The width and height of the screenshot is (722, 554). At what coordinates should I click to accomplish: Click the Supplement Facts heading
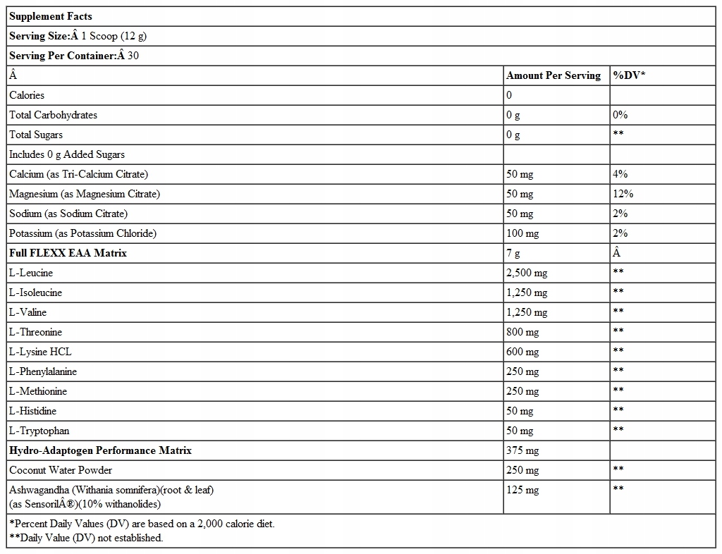click(x=51, y=16)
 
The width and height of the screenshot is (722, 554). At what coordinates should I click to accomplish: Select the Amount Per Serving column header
click(x=553, y=75)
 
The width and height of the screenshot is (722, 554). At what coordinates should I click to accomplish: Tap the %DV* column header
click(x=629, y=75)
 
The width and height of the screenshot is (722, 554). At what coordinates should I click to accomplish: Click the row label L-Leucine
click(x=31, y=273)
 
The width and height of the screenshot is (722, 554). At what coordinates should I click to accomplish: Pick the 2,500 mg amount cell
click(x=527, y=273)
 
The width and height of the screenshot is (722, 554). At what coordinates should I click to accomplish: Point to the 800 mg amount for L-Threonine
click(x=522, y=332)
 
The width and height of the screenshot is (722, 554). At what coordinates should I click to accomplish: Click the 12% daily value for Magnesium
click(x=623, y=194)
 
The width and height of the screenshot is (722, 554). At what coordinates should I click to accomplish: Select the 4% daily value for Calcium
click(x=620, y=174)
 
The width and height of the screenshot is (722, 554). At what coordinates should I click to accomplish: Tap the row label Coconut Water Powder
click(x=61, y=470)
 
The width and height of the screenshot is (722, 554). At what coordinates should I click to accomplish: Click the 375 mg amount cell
click(x=522, y=450)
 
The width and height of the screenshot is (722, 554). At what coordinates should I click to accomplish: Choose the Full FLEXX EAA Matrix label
click(x=68, y=253)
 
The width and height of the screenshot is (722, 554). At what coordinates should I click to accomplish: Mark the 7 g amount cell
click(x=513, y=253)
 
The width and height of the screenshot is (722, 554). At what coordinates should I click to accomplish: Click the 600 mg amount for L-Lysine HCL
click(x=522, y=352)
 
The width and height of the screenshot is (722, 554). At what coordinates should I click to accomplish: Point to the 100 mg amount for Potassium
click(x=522, y=233)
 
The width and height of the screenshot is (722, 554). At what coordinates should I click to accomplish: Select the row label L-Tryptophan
click(x=39, y=431)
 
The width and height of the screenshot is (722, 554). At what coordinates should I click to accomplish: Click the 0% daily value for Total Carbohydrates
click(x=620, y=115)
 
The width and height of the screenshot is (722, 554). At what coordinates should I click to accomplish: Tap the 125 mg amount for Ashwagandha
click(x=522, y=490)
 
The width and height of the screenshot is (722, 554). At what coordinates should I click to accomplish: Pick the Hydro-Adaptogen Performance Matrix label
click(x=100, y=450)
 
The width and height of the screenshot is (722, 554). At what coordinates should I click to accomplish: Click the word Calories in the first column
click(x=27, y=95)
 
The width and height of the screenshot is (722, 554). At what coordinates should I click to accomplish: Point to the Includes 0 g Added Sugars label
click(x=67, y=154)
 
